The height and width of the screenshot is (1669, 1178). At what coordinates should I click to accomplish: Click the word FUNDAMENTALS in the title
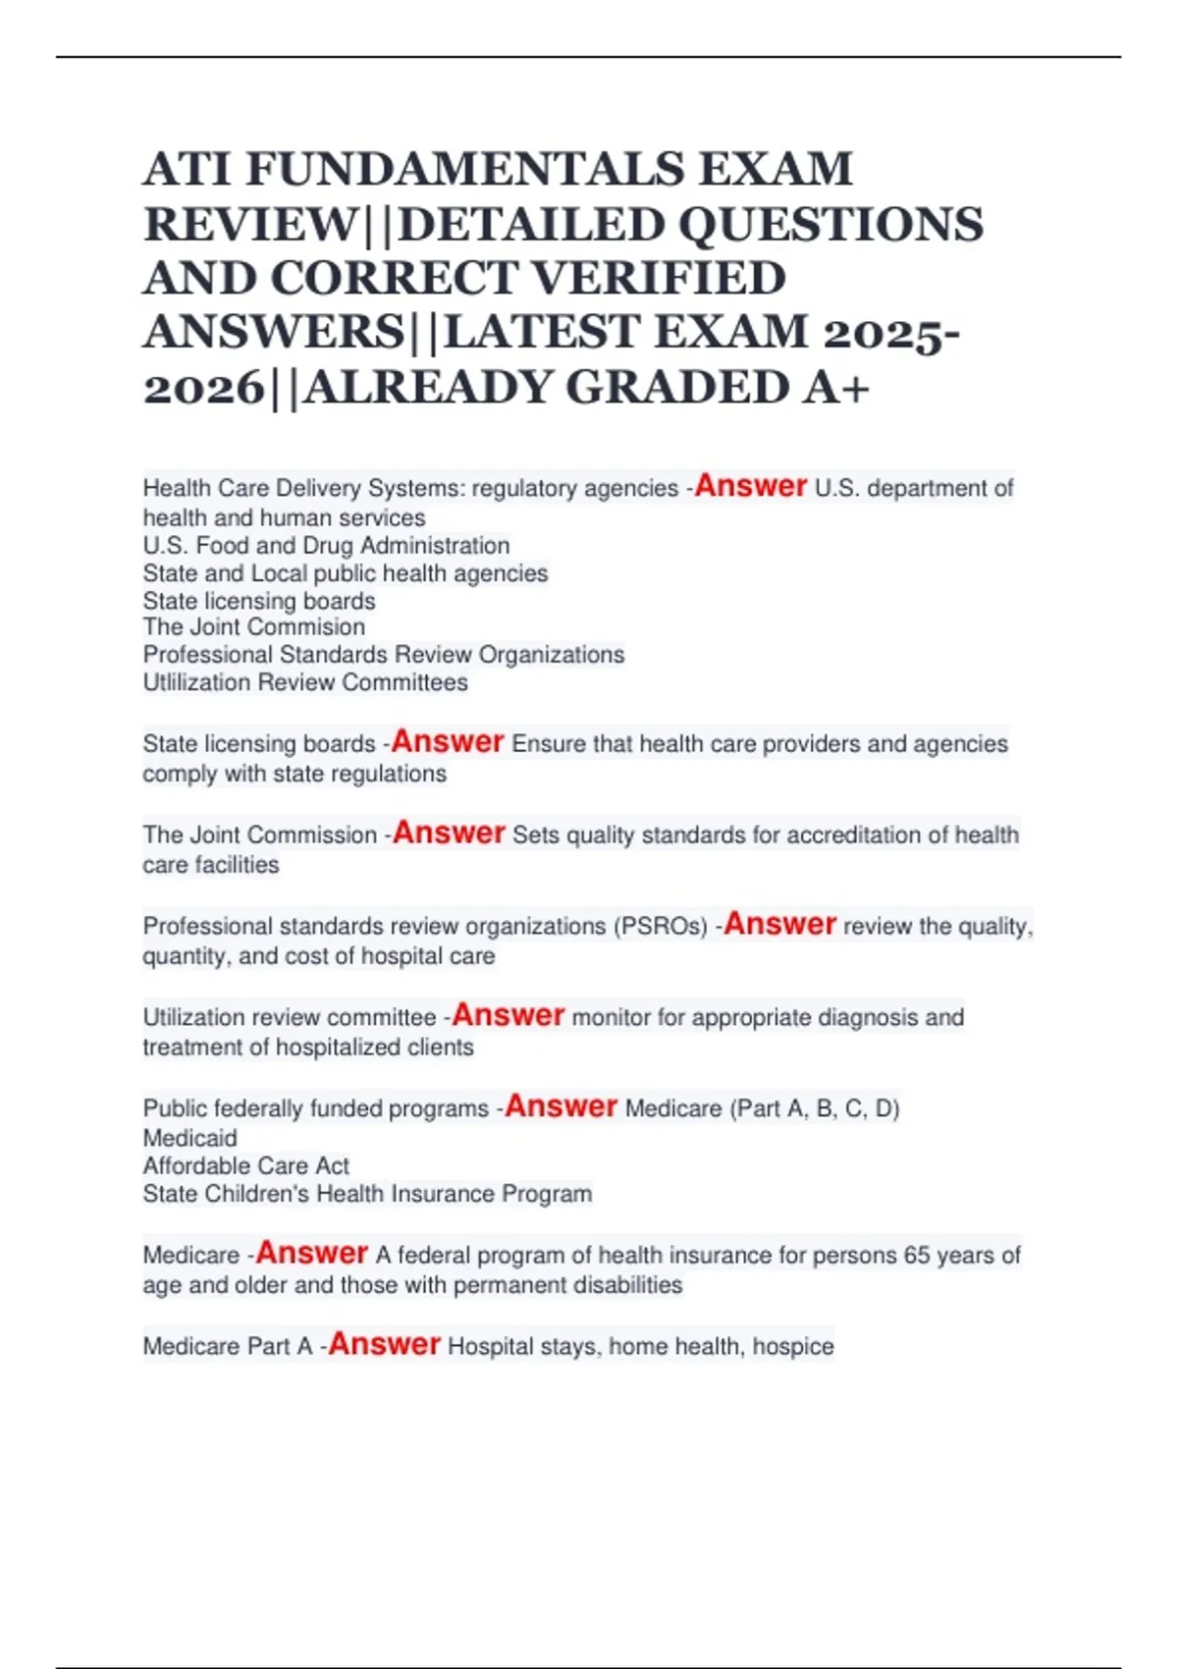[x=465, y=169]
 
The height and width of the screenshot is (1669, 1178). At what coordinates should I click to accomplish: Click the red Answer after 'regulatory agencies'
[x=750, y=486]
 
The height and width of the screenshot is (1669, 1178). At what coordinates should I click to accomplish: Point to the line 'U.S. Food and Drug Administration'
[x=326, y=545]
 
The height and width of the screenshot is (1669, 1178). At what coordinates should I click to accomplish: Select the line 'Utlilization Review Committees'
[x=305, y=682]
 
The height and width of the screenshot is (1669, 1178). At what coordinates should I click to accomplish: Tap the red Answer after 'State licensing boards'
[x=448, y=742]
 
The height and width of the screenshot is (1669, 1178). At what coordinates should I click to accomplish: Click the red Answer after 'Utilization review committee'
[x=508, y=1015]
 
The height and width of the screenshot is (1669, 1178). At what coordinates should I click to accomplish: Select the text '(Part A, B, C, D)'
[x=814, y=1108]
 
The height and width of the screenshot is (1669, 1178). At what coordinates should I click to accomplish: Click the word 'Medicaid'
[x=189, y=1138]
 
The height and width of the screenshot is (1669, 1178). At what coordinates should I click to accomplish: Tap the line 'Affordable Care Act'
[x=245, y=1165]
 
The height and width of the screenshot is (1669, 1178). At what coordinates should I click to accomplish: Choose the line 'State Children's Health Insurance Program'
[x=367, y=1194]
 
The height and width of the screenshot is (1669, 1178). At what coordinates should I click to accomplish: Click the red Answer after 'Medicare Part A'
[x=384, y=1344]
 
